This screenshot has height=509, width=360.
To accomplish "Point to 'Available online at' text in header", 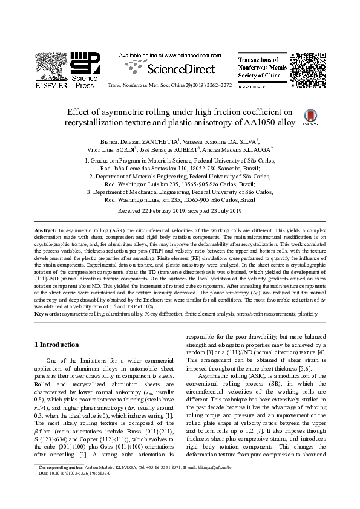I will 140,55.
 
